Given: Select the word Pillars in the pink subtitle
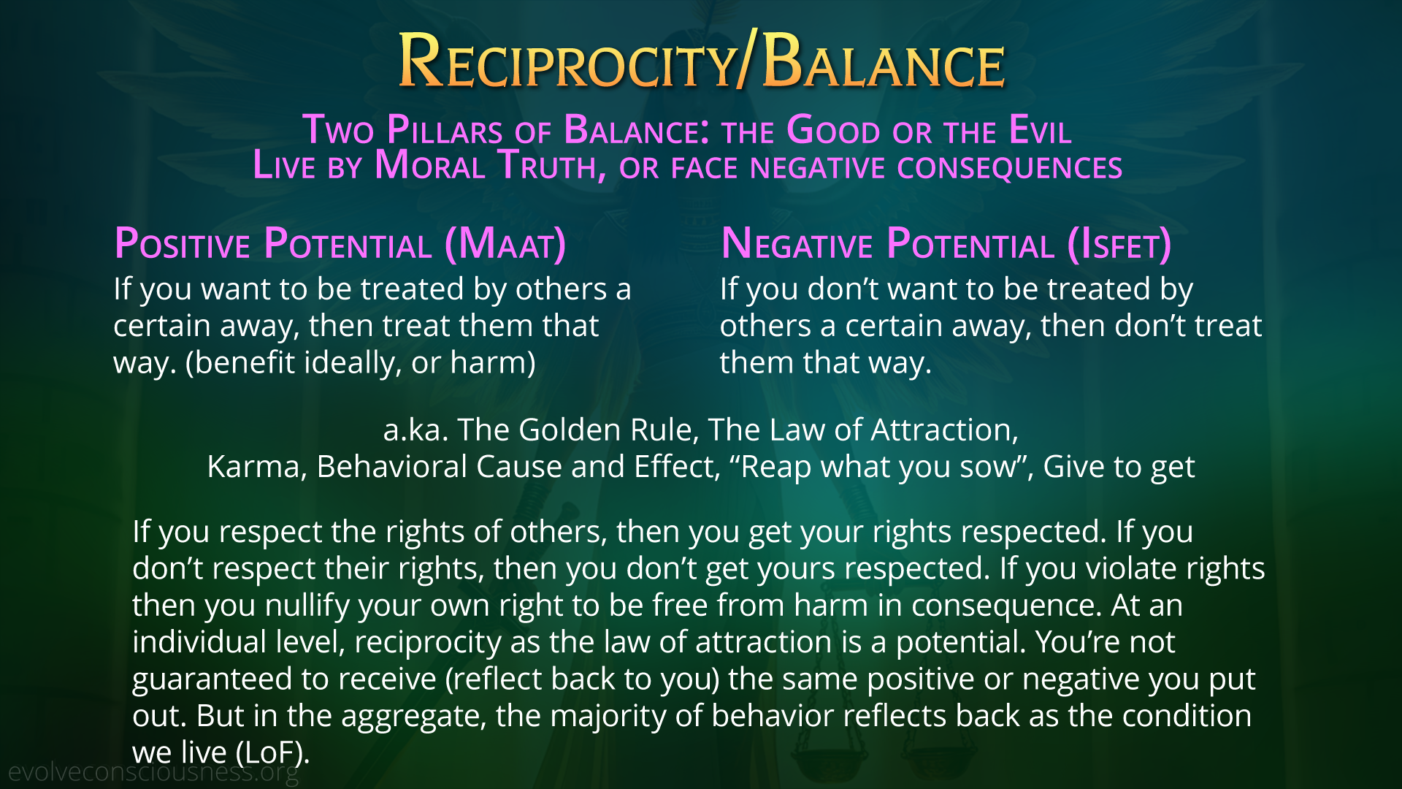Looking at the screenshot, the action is [x=445, y=130].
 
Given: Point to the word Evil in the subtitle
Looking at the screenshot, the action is [x=1040, y=130].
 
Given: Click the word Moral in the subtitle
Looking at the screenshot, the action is [x=429, y=166].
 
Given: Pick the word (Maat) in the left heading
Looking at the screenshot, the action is [x=505, y=244].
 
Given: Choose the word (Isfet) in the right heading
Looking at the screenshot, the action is [x=1119, y=244].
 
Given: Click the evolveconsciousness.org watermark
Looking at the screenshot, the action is [x=153, y=772].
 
